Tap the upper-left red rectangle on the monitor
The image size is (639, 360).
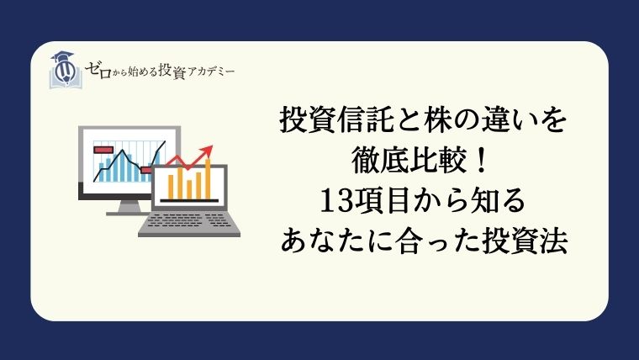pyautogui.click(x=104, y=148)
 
